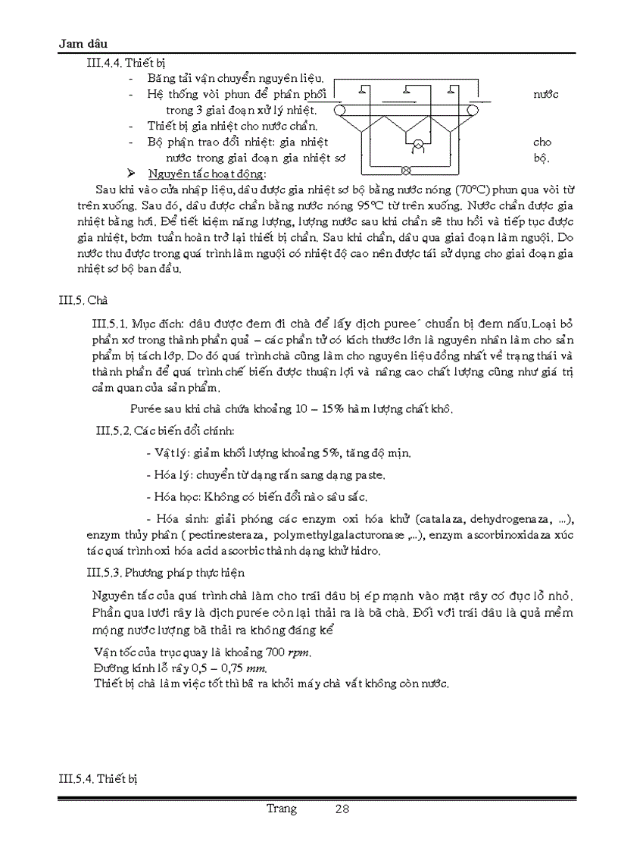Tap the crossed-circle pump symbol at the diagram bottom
(x=405, y=169)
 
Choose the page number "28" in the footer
(x=342, y=809)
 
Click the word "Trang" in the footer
(x=282, y=809)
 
